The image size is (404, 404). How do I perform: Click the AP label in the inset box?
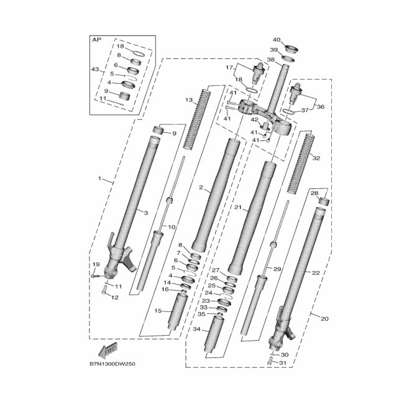point(96,40)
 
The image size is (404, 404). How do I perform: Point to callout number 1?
point(99,178)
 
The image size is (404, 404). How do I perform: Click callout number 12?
point(114,297)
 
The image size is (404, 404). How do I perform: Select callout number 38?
point(270,60)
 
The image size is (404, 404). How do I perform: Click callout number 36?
point(321,106)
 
